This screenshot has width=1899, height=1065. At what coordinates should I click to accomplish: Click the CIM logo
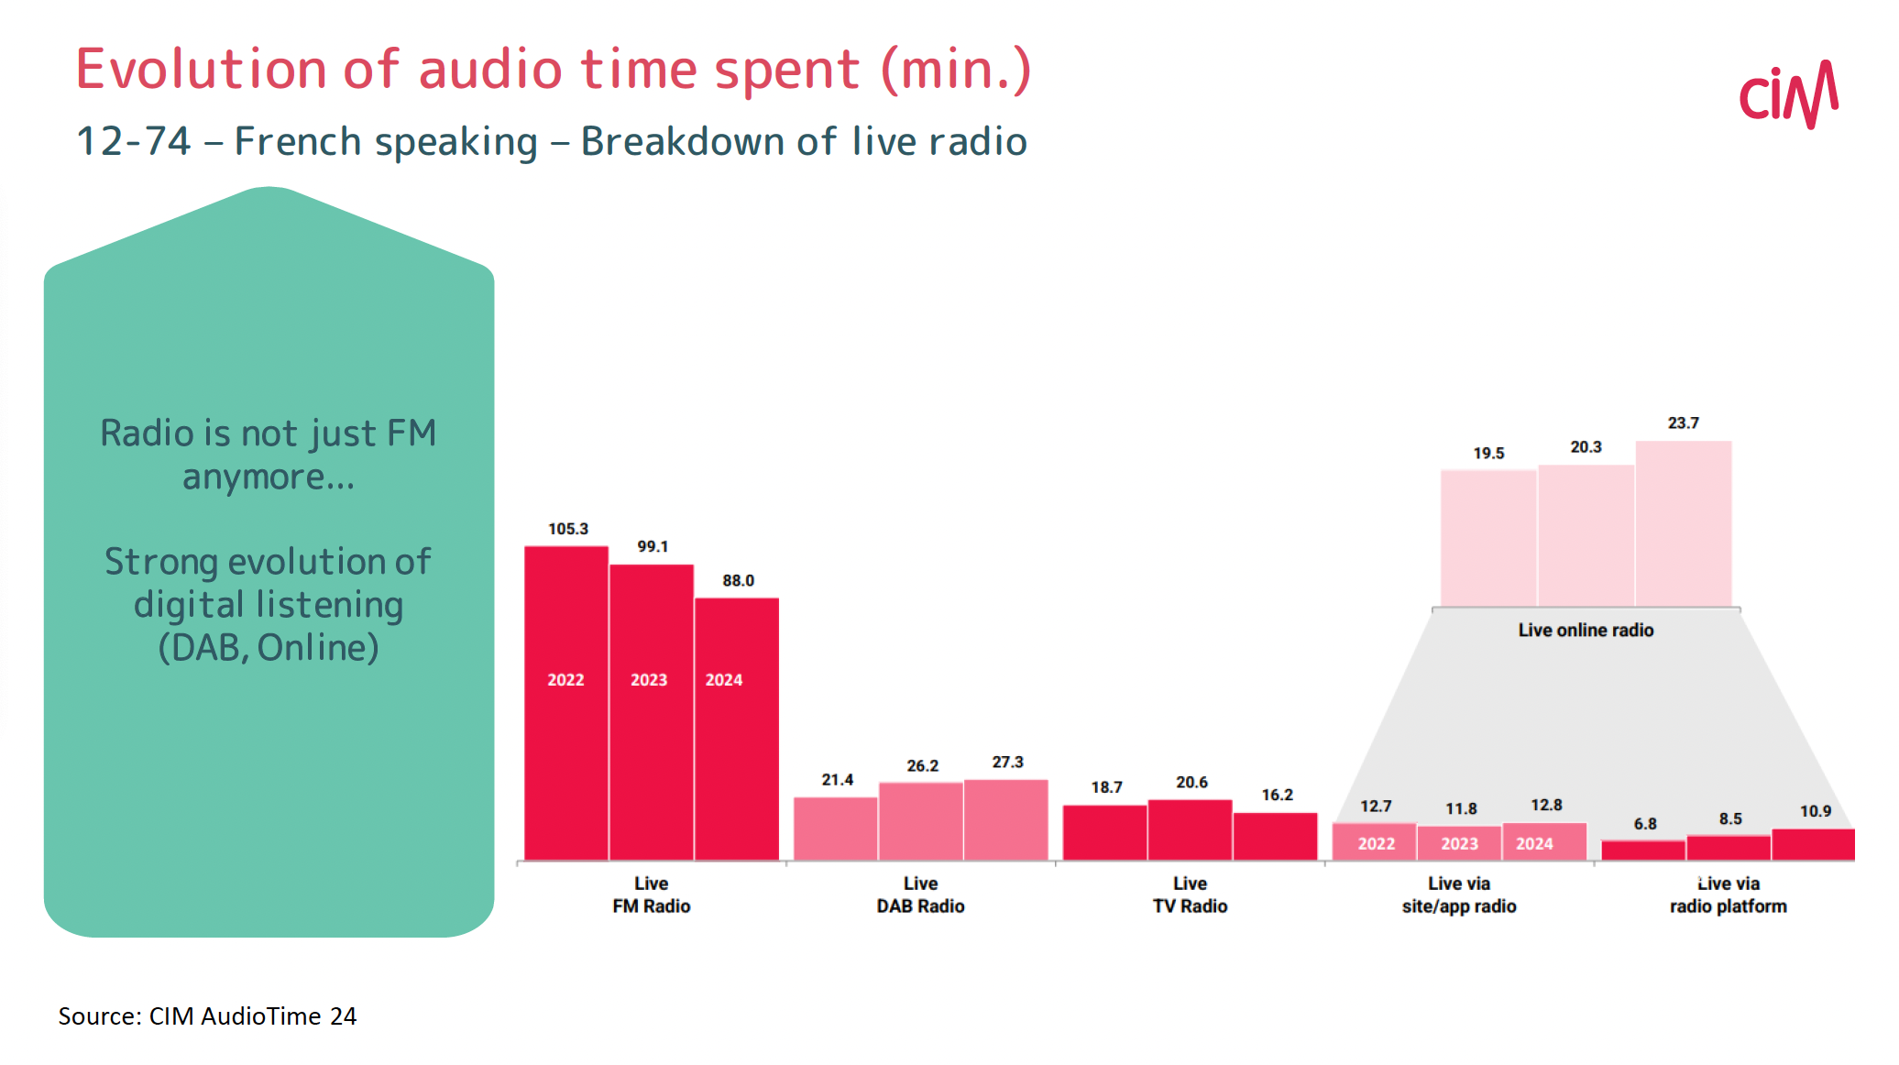coord(1788,94)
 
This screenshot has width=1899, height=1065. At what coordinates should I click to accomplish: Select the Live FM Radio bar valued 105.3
coord(565,703)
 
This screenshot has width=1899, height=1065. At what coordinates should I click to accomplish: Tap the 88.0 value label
coord(738,580)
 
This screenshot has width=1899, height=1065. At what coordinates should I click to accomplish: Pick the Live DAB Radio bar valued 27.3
coord(1005,819)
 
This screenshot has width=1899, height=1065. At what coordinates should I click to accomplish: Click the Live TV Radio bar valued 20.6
coord(1190,829)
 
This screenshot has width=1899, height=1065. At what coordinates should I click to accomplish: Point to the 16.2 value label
coord(1277,795)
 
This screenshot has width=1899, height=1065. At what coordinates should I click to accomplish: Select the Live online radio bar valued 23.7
coord(1683,523)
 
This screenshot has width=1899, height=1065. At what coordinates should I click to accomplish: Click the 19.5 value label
coord(1488,453)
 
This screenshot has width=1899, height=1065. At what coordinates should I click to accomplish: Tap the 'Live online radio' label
coord(1586,630)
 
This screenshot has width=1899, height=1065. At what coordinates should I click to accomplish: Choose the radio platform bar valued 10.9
coord(1813,844)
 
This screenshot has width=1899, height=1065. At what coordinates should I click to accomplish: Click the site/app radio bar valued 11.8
coord(1459,843)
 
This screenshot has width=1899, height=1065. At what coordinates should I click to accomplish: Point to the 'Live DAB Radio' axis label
coord(920,895)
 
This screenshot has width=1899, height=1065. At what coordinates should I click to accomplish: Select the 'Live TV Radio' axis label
coord(1190,895)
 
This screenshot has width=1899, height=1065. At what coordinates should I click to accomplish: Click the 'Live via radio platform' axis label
coord(1728,895)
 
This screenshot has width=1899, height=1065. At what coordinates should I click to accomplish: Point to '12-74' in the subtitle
coord(134,141)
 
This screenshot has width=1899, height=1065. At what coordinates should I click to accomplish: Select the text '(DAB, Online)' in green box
coord(268,647)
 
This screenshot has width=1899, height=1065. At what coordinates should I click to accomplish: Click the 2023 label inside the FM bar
coord(649,679)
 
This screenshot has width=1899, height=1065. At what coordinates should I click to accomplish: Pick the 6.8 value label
coord(1644,823)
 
